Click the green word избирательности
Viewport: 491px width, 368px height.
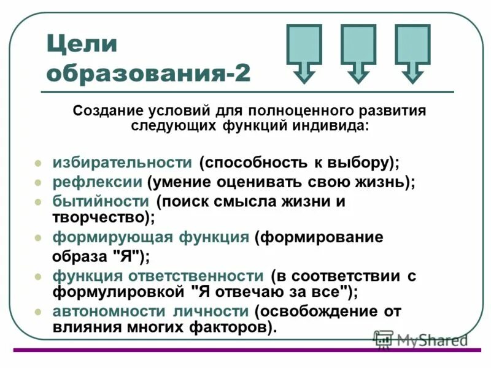coord(123,163)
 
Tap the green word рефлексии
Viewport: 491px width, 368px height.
coord(98,182)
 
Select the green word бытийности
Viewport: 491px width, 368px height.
coord(101,201)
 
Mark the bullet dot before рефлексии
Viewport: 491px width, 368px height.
coord(38,183)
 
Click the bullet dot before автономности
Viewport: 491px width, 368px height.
coord(38,312)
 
